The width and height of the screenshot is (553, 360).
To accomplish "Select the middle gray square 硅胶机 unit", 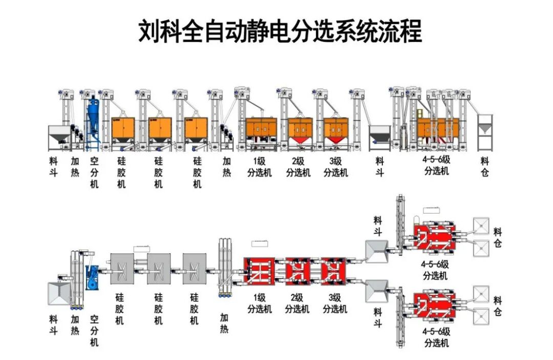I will click(158, 269).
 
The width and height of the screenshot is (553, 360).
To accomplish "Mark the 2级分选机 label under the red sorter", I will click(297, 304).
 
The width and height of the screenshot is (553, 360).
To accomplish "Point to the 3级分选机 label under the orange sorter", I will click(336, 167).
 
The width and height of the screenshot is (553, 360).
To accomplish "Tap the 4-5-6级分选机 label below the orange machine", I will click(436, 165).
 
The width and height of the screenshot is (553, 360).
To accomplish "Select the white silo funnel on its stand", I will click(485, 131).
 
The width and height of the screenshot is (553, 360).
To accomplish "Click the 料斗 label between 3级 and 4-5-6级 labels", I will click(379, 167).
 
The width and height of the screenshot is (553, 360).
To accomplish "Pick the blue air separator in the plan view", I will click(94, 277).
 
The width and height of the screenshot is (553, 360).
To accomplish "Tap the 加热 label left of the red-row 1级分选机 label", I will click(224, 323).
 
